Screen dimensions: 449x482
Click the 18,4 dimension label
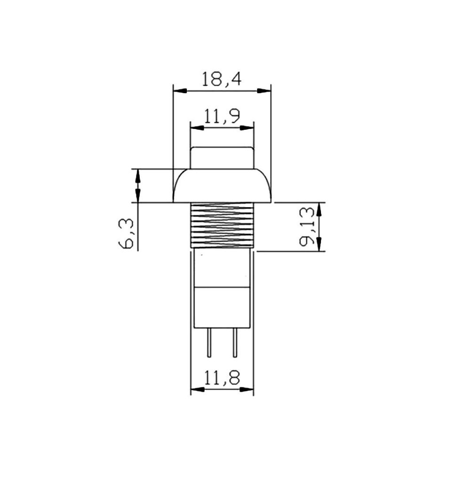[221, 79]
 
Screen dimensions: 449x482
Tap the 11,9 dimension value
[222, 116]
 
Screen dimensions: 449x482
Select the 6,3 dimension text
[126, 233]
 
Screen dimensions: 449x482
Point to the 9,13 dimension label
[307, 226]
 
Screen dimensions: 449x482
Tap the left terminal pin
[209, 343]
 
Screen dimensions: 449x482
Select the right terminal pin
[235, 343]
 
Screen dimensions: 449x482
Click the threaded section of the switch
[222, 225]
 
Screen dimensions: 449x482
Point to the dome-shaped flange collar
[222, 185]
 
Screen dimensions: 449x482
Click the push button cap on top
[222, 158]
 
